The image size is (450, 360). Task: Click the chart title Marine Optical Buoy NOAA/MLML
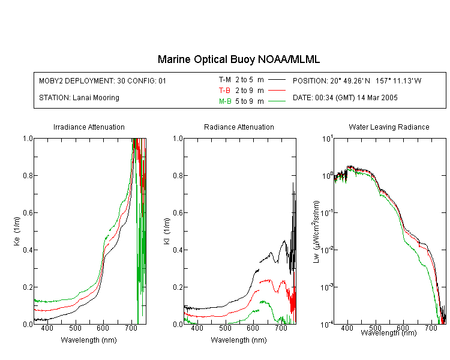[x=238, y=59]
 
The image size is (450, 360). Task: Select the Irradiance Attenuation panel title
[x=89, y=127]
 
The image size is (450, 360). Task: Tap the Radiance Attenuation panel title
[x=239, y=127]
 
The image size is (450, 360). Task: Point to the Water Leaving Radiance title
[x=389, y=127]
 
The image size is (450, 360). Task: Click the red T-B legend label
[x=225, y=91]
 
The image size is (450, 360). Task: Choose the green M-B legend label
[x=225, y=101]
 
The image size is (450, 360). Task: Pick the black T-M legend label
[x=225, y=80]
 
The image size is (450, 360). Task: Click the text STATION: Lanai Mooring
[x=79, y=98]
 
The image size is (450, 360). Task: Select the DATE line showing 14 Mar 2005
[x=345, y=98]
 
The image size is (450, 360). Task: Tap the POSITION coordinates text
[x=357, y=80]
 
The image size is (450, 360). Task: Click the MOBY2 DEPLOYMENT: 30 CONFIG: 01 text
[x=103, y=80]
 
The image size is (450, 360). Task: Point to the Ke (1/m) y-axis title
[x=17, y=231]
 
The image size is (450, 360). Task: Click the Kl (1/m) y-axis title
[x=167, y=231]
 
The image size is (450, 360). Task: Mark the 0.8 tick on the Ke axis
[x=28, y=175]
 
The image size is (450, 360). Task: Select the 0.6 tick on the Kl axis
[x=178, y=213]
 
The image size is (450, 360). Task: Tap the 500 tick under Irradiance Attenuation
[x=75, y=328]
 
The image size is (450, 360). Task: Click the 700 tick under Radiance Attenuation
[x=281, y=328]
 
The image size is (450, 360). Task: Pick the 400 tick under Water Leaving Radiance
[x=347, y=328]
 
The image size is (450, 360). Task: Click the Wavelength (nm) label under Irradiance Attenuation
[x=89, y=340]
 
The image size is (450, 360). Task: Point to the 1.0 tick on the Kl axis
[x=178, y=139]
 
